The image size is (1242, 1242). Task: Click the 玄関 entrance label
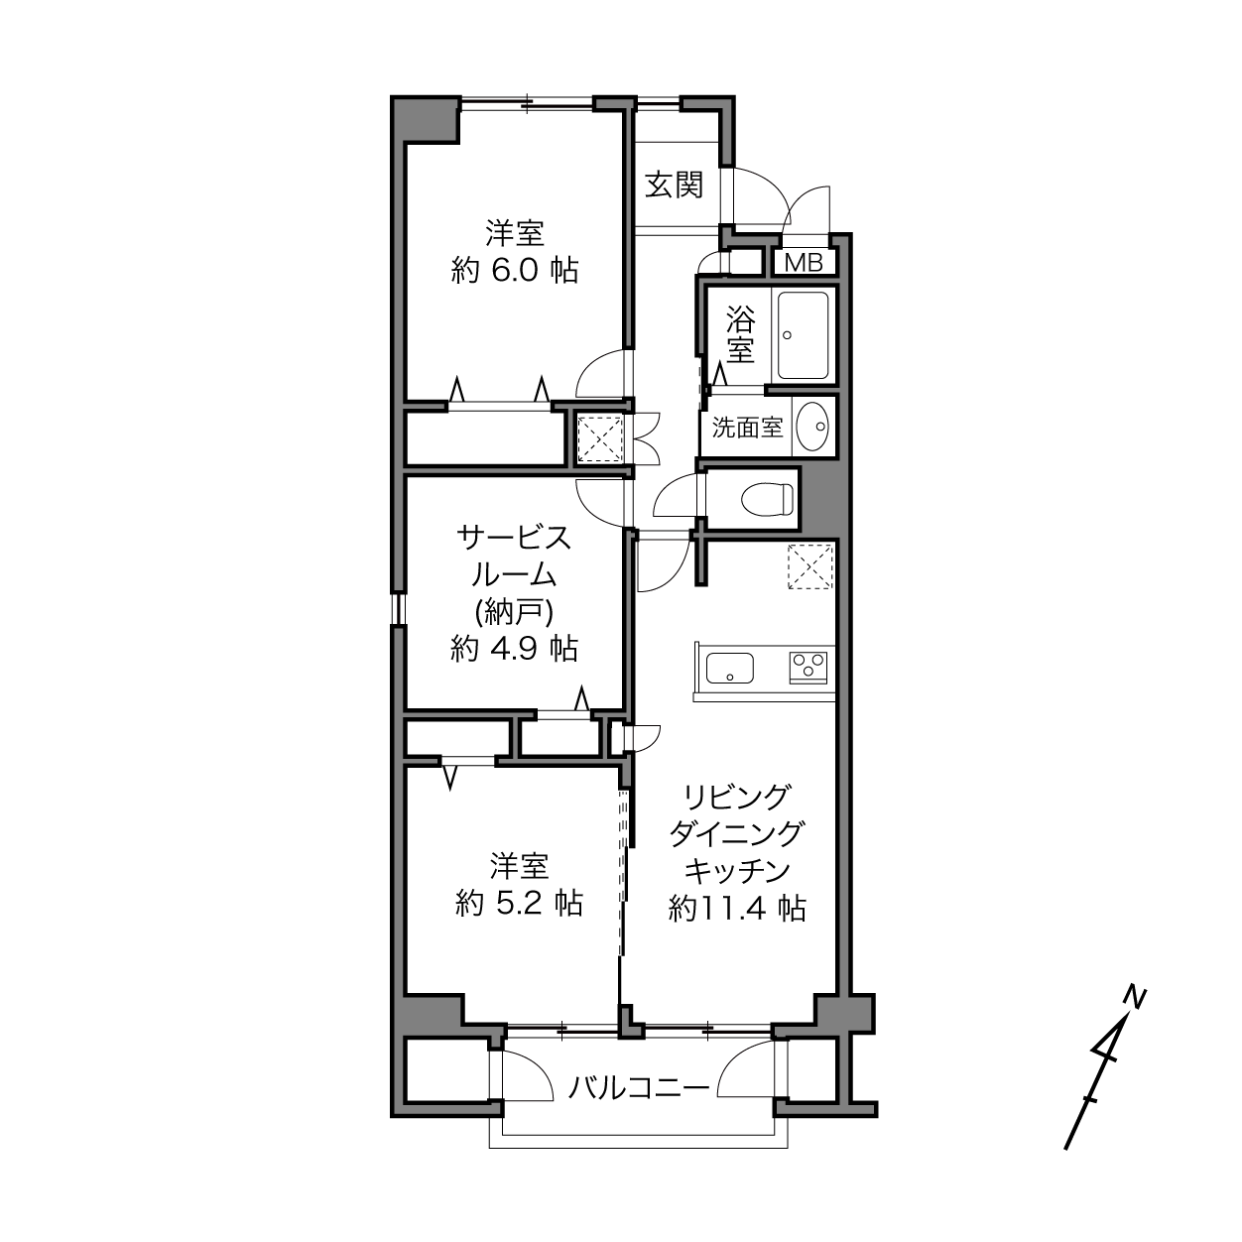point(674,185)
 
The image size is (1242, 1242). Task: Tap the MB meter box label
point(804,262)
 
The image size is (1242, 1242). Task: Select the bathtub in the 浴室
point(803,335)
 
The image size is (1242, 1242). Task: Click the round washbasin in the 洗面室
point(812,426)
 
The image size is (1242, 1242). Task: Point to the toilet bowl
point(767,499)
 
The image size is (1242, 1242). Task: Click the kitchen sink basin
point(729,668)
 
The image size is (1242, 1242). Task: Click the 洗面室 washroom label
point(747,428)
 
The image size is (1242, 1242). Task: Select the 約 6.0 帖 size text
point(514,271)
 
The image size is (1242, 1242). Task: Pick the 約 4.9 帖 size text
point(514,648)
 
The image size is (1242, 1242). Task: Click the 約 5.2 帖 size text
point(519,904)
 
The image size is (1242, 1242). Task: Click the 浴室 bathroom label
point(740,333)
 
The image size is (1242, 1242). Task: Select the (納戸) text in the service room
point(514,612)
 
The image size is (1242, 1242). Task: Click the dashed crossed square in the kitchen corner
point(810,565)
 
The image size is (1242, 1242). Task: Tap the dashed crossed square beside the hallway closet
point(601,438)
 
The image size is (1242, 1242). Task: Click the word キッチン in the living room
point(737,871)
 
